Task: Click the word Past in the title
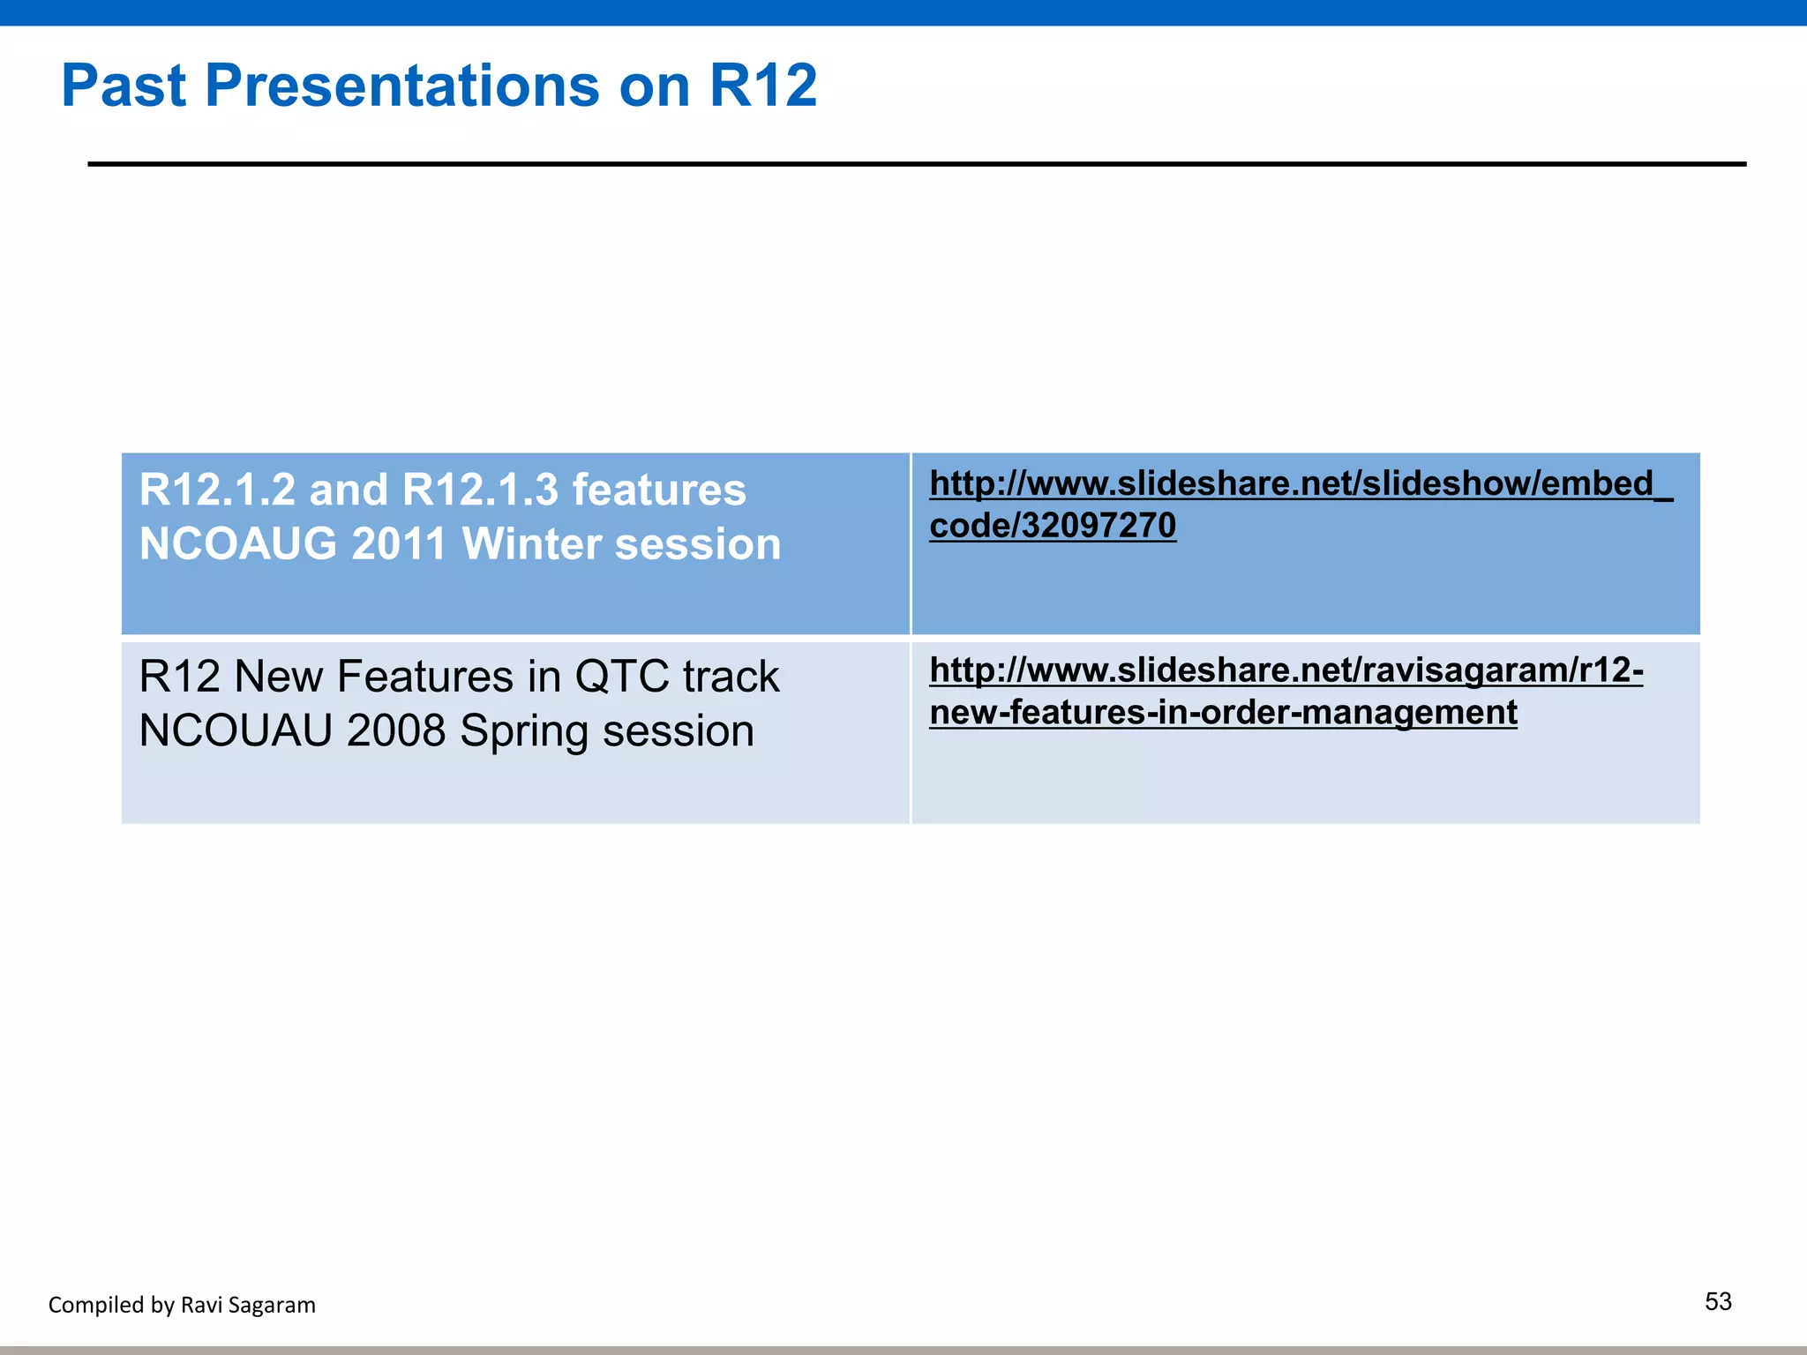pyautogui.click(x=124, y=86)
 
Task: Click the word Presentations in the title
pyautogui.click(x=402, y=86)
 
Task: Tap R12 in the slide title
pyautogui.click(x=763, y=86)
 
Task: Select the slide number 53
pyautogui.click(x=1718, y=1301)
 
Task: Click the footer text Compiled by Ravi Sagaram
pyautogui.click(x=182, y=1305)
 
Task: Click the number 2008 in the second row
pyautogui.click(x=396, y=731)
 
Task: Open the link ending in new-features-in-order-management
pyautogui.click(x=1223, y=713)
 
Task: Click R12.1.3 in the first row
pyautogui.click(x=480, y=490)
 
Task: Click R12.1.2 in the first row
pyautogui.click(x=217, y=490)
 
